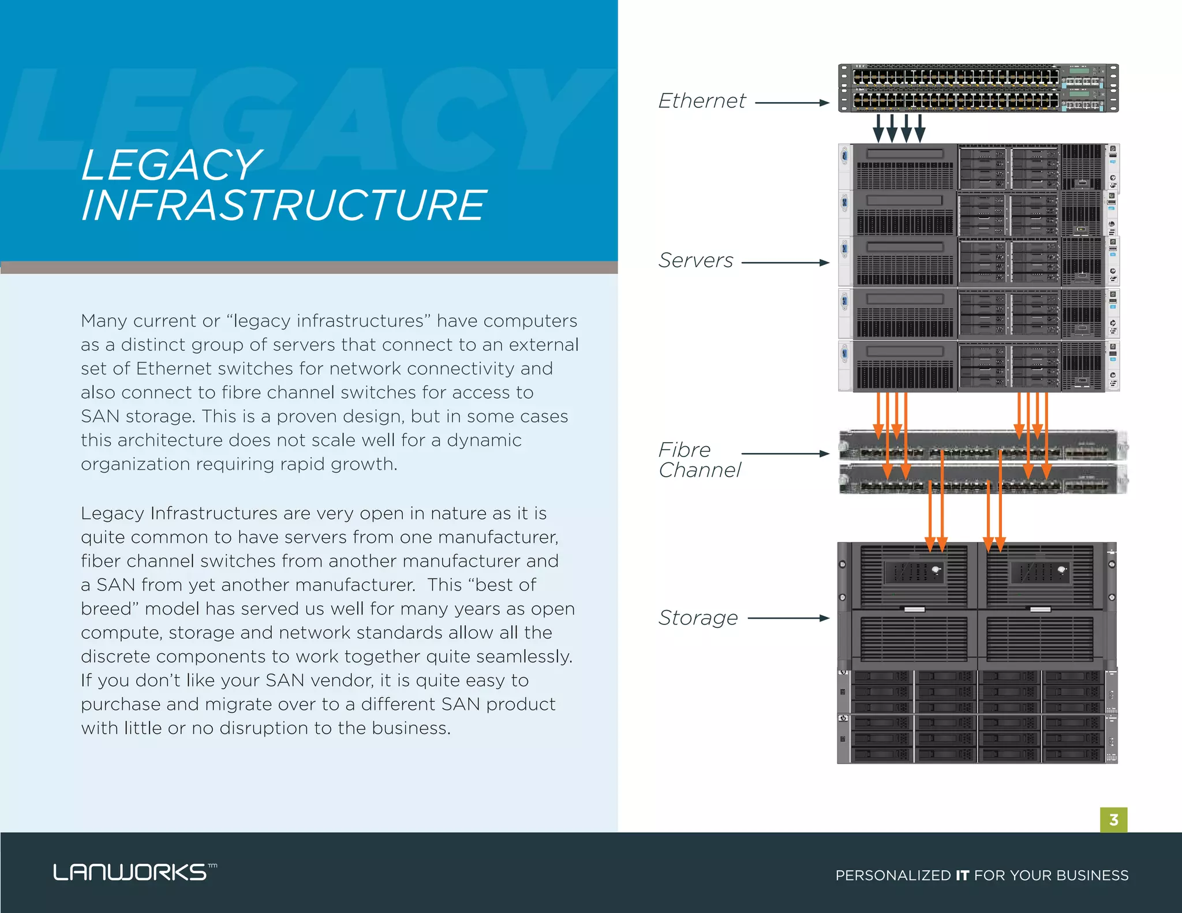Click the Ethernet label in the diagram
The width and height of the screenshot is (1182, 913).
[702, 101]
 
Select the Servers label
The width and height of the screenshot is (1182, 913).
[695, 260]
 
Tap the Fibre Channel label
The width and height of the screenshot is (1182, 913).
[698, 460]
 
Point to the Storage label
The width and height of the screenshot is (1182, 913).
[698, 618]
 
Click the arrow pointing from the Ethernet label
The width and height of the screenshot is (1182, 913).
[792, 103]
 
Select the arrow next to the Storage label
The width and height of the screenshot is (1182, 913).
[788, 618]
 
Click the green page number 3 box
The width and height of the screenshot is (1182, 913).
[1113, 820]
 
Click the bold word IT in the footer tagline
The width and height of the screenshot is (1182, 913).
[962, 875]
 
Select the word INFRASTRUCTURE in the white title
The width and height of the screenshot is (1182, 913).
[283, 205]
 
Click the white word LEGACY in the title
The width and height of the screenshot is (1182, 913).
[171, 165]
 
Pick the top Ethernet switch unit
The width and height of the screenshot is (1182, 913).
[978, 76]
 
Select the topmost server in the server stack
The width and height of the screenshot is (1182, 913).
[978, 167]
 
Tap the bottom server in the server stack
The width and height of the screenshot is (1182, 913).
[978, 366]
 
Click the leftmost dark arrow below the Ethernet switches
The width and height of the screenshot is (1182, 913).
[878, 128]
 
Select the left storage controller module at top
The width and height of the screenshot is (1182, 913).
[914, 575]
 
